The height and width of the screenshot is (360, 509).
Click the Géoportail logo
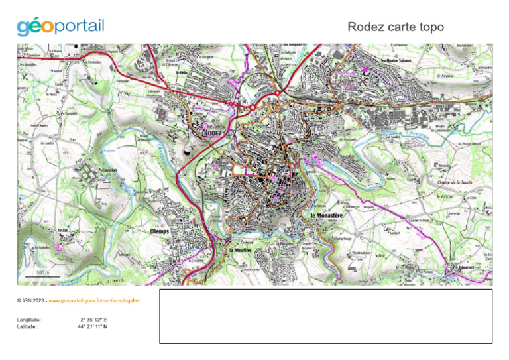(x=60, y=27)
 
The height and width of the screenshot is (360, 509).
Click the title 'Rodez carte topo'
(x=395, y=27)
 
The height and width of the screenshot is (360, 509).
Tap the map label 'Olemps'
(x=160, y=231)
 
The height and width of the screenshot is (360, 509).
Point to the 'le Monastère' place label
(x=325, y=216)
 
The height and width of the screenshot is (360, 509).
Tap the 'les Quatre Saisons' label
(x=397, y=60)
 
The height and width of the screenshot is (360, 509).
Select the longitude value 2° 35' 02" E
(x=93, y=320)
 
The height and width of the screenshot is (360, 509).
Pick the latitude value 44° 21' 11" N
(x=92, y=326)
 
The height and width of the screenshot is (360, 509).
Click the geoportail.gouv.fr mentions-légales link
(x=93, y=300)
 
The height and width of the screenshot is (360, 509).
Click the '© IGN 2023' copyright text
(x=31, y=300)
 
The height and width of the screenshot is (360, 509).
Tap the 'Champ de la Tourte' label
(x=453, y=182)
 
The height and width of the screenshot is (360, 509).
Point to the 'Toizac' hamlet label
(x=64, y=229)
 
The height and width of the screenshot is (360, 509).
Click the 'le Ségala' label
(x=443, y=75)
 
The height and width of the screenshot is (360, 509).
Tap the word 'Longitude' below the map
(x=30, y=320)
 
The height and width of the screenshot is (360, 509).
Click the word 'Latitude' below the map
(x=28, y=326)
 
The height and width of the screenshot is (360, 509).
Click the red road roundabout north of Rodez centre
(x=253, y=106)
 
